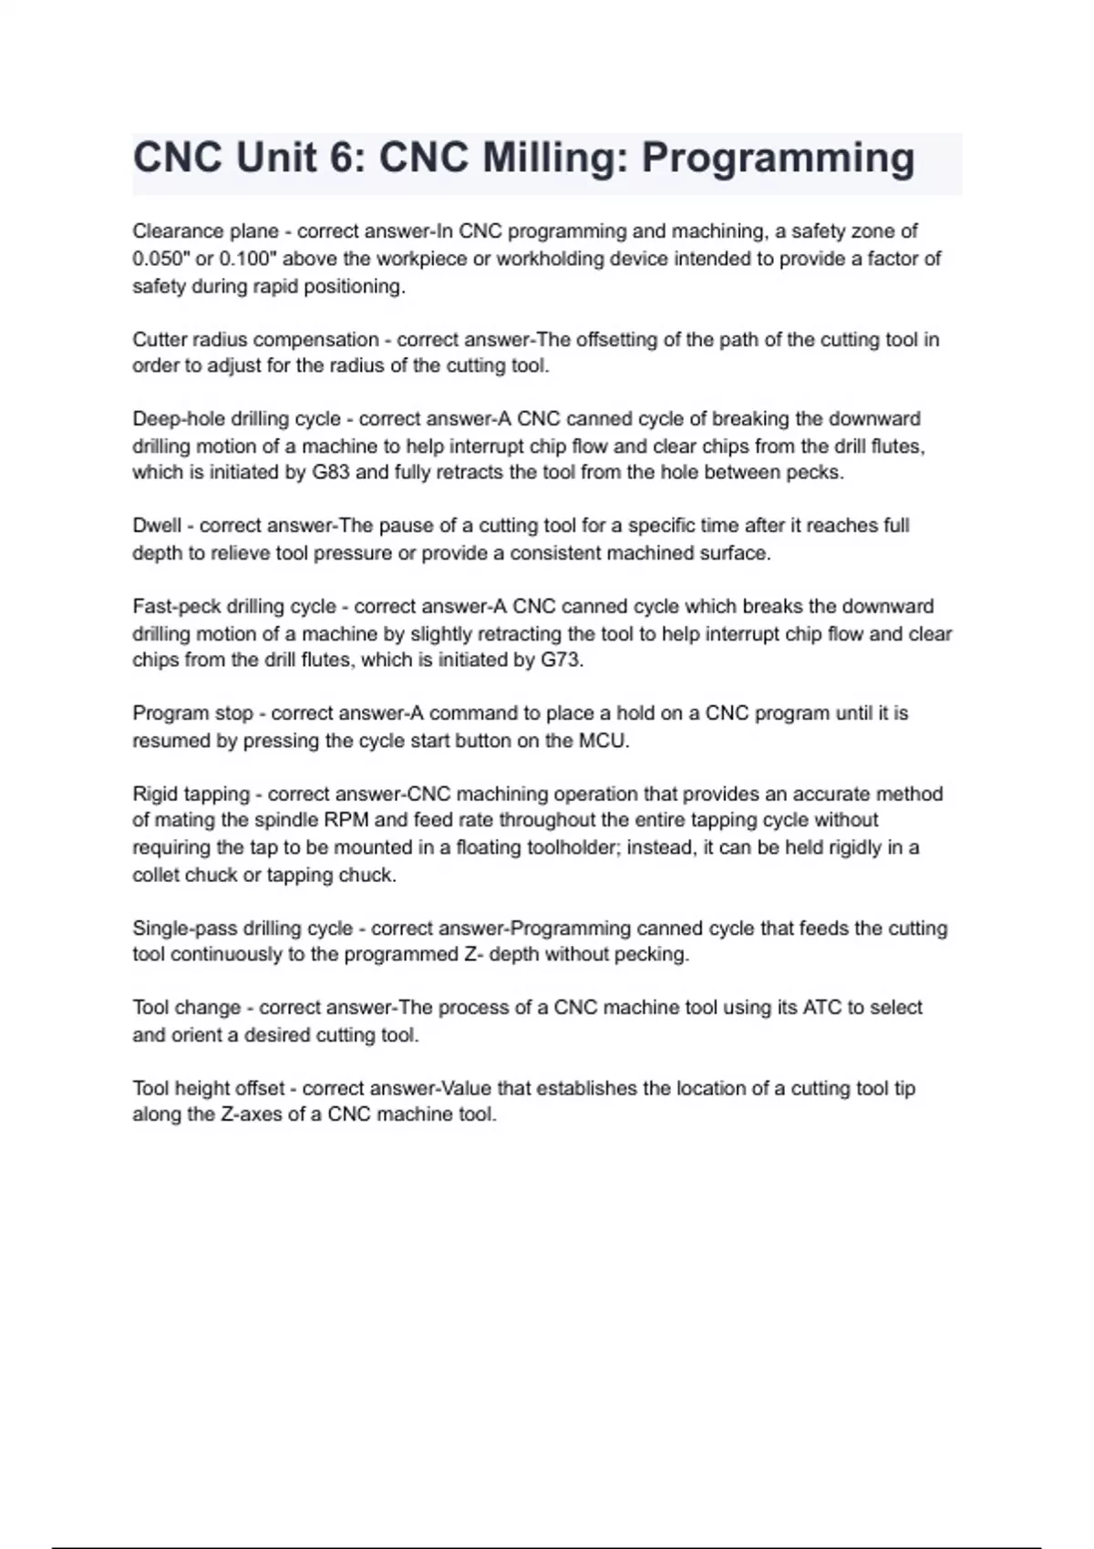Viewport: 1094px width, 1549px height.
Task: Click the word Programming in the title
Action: (x=778, y=159)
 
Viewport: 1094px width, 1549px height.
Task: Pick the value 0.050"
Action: (x=161, y=259)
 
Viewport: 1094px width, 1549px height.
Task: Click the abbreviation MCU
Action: (x=603, y=741)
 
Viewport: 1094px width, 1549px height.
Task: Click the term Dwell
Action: (x=157, y=526)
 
